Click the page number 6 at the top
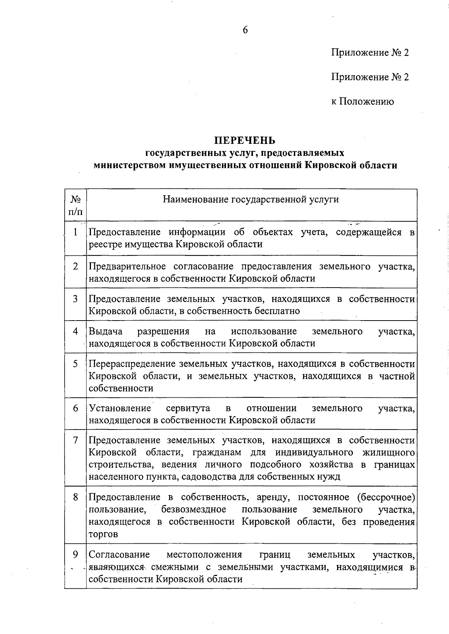(x=245, y=30)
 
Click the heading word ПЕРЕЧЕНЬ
(x=245, y=140)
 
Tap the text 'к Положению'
(x=362, y=101)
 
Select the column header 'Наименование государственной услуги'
(x=251, y=199)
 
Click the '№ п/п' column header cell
(x=75, y=205)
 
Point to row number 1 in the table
(x=75, y=232)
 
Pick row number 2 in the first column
(x=75, y=266)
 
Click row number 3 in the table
(x=75, y=299)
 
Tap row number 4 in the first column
(x=75, y=331)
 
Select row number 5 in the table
(x=75, y=364)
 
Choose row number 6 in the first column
(x=75, y=408)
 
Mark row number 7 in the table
(x=75, y=440)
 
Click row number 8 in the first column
(x=75, y=497)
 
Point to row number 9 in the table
(x=75, y=554)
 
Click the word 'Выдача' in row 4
(x=106, y=331)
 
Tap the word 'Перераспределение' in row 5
(x=132, y=364)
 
